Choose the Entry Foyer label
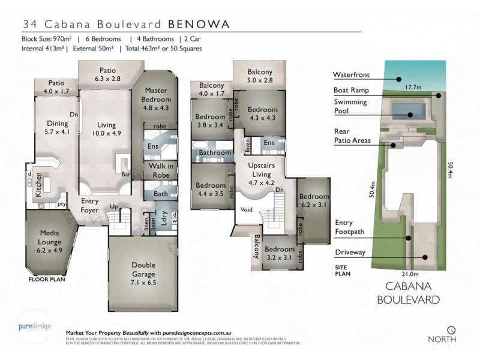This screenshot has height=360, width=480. tap(92, 206)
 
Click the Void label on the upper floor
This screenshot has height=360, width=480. tap(245, 210)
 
